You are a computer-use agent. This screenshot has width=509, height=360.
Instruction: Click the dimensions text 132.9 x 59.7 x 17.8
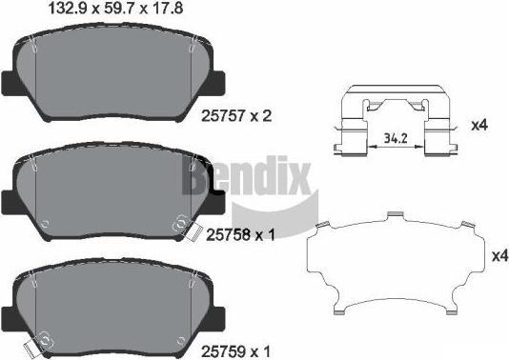point(115,8)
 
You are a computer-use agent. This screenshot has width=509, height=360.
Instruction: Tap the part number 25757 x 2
point(236,116)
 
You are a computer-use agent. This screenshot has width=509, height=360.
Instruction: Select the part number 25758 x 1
point(240,234)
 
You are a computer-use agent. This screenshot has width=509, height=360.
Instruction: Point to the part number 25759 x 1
point(235,350)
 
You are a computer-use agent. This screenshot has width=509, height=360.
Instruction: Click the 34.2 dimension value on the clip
point(396,138)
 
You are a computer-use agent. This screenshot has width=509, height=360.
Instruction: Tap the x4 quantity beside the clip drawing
point(479,125)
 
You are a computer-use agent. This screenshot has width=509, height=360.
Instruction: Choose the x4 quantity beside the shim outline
point(500,256)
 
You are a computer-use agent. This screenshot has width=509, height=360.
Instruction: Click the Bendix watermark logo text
point(246,177)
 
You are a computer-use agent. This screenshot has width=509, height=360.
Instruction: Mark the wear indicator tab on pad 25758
point(193,232)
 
